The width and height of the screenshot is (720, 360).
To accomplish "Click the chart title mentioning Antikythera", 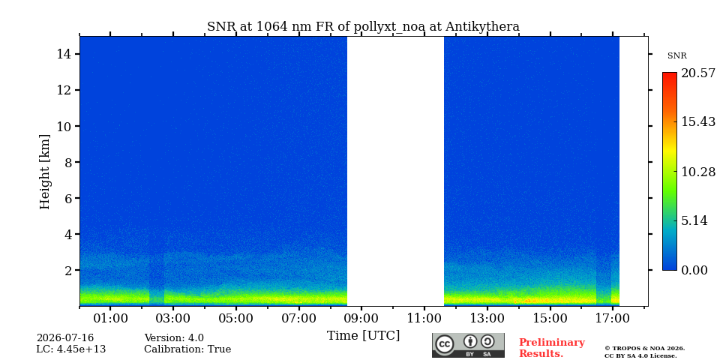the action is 363,27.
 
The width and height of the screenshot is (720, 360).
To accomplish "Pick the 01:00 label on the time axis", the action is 111,318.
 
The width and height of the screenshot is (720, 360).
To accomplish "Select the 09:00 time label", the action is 361,318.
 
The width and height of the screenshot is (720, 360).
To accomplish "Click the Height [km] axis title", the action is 44,172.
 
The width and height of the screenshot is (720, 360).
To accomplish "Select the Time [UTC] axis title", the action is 363,336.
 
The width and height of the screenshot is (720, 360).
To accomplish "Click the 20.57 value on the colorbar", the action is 698,73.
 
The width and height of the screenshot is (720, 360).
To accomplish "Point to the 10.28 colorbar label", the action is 698,172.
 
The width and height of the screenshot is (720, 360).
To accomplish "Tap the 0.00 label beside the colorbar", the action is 694,270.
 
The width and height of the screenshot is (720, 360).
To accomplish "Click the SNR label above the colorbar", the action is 676,56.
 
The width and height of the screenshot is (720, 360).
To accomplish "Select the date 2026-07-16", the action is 65,338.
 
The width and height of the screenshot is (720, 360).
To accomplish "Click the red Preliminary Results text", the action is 552,348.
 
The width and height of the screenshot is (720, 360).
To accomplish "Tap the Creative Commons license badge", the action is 468,345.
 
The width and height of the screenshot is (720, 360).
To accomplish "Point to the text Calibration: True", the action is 187,349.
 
